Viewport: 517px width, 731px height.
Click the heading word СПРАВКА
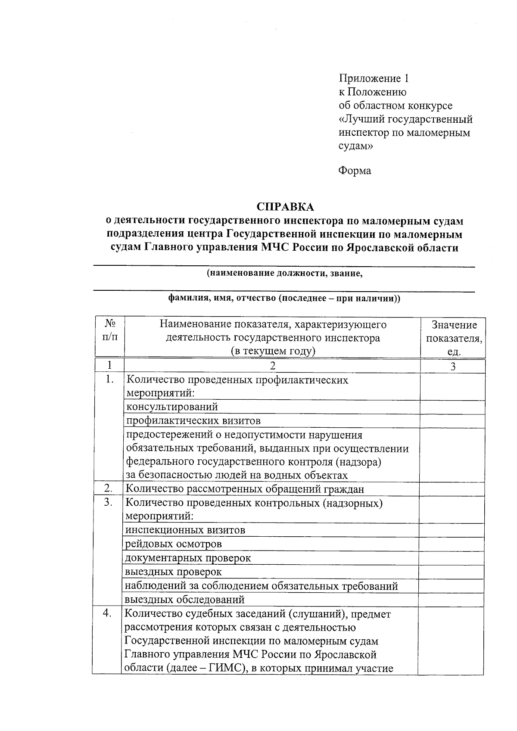[285, 207]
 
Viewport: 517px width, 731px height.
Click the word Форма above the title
[355, 171]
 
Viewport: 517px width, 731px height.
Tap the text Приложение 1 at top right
[373, 78]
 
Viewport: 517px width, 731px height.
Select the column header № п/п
[110, 331]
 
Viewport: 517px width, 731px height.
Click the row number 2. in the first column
[108, 488]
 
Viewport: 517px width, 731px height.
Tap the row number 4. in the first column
[108, 614]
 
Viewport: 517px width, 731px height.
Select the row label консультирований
[172, 407]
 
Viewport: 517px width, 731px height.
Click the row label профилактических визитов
[193, 420]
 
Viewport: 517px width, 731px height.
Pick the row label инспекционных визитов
[185, 530]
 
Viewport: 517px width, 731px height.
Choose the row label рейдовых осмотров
[174, 544]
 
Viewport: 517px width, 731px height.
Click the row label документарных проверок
[188, 558]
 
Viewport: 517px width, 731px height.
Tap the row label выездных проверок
[174, 572]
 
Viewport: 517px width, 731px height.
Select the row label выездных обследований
[185, 600]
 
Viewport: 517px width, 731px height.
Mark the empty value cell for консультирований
[452, 407]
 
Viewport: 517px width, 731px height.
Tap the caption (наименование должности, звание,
[284, 274]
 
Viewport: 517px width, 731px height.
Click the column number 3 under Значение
[453, 367]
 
